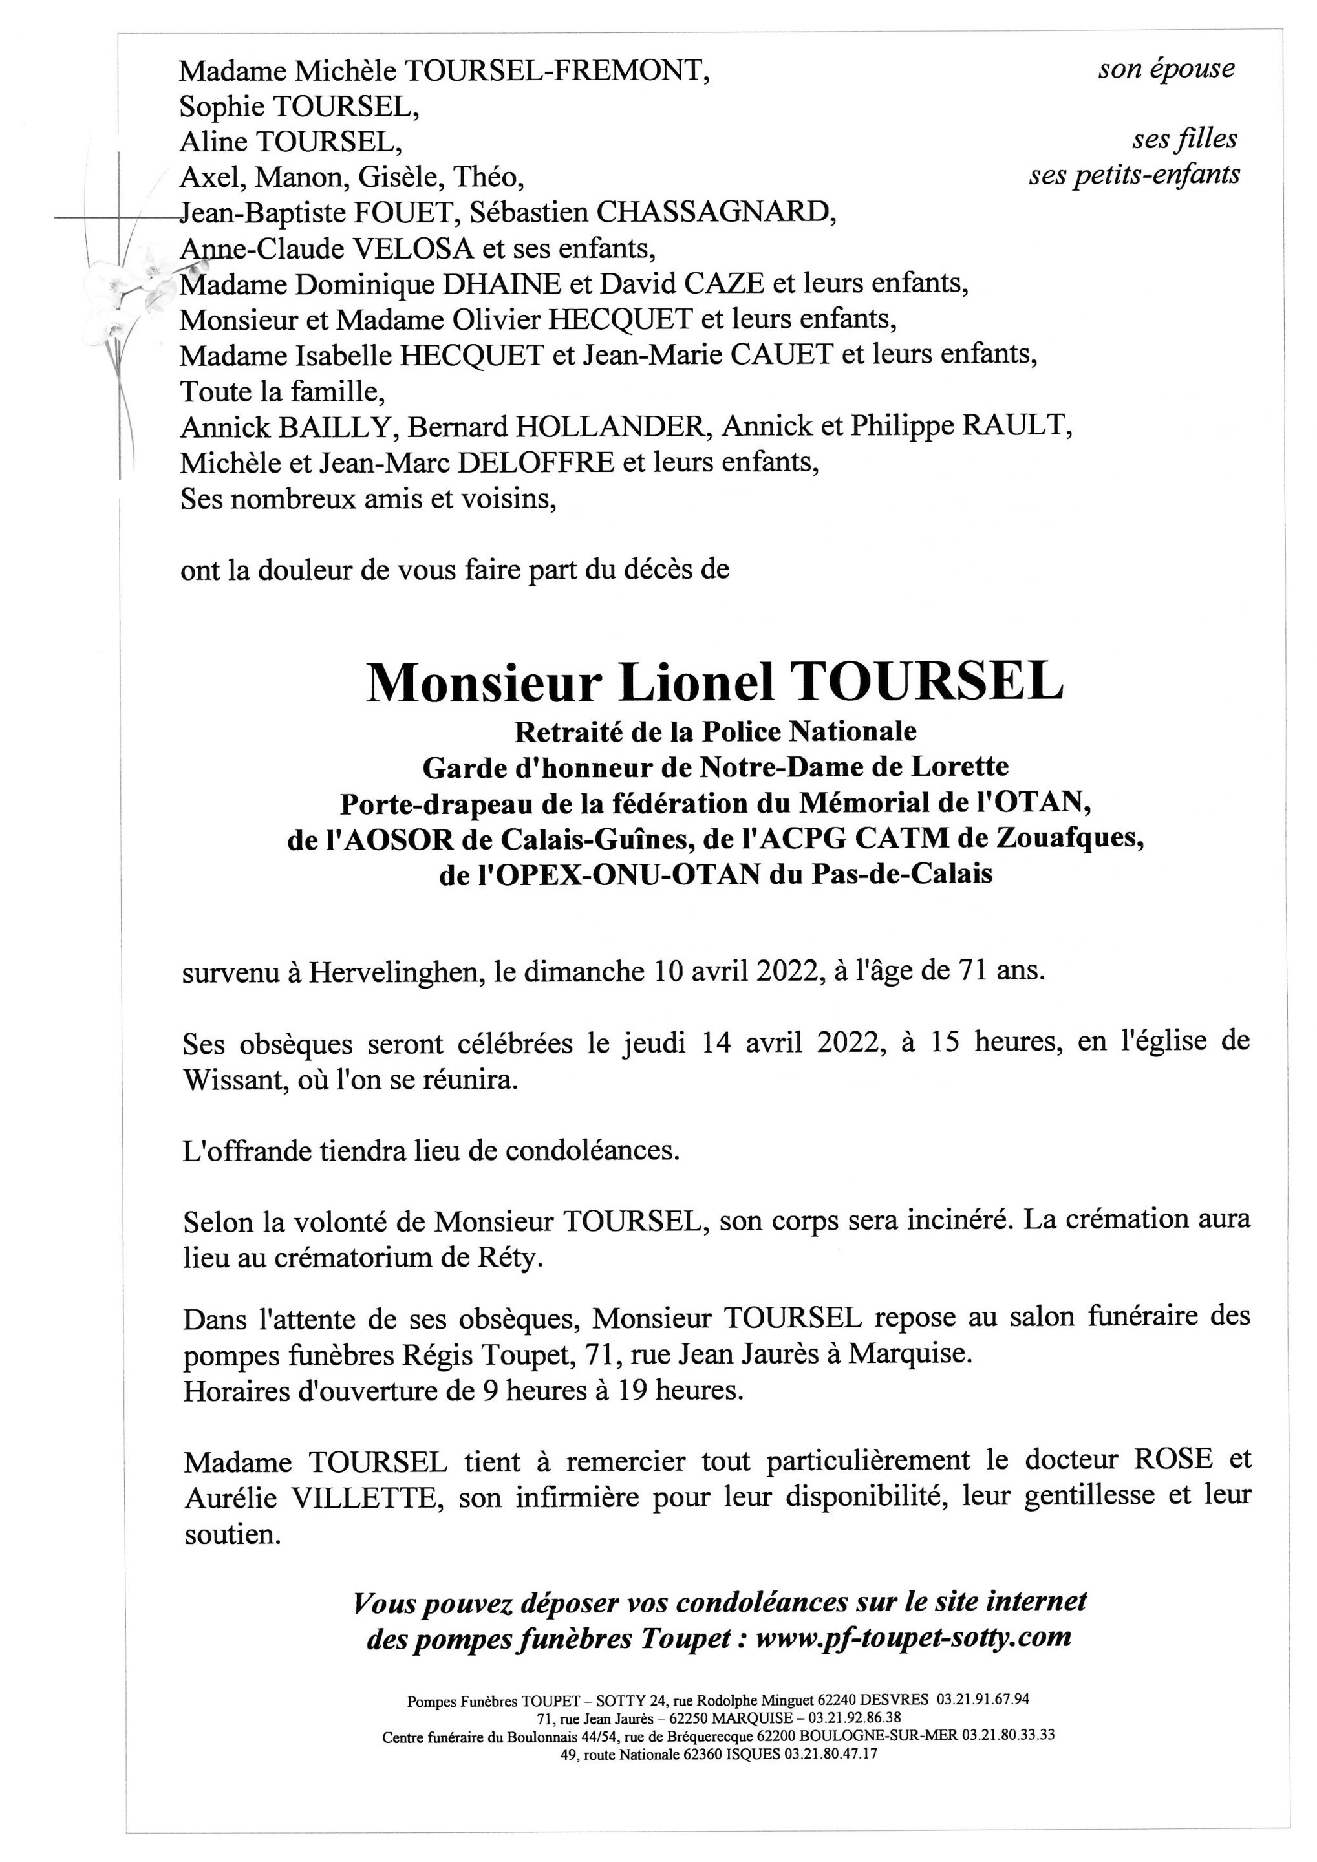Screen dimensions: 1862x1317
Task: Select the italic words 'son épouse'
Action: tap(1166, 69)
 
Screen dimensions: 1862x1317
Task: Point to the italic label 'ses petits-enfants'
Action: tap(1135, 175)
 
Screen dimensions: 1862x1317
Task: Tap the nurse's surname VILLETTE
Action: tap(363, 1498)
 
